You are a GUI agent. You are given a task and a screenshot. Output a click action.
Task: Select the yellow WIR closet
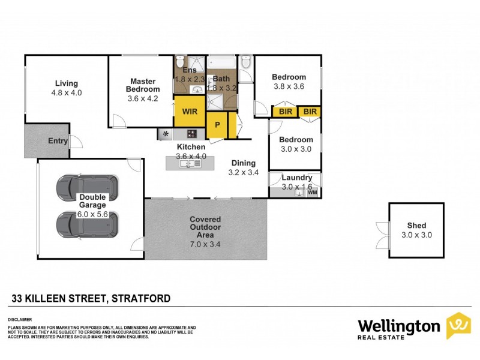[x=190, y=112]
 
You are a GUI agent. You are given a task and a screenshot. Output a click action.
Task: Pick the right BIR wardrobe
[x=310, y=112]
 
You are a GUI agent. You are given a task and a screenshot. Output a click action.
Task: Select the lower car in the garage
[x=86, y=224]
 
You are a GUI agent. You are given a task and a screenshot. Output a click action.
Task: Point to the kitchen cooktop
[x=192, y=134]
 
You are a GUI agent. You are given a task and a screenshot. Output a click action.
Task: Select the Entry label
[x=58, y=141]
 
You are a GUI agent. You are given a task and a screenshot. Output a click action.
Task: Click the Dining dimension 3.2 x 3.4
[x=243, y=172]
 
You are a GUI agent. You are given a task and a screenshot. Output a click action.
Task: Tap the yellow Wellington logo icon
[x=459, y=326]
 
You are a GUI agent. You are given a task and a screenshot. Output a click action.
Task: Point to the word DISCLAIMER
[x=20, y=320]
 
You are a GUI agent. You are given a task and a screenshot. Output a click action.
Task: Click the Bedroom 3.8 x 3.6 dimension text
[x=289, y=86]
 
